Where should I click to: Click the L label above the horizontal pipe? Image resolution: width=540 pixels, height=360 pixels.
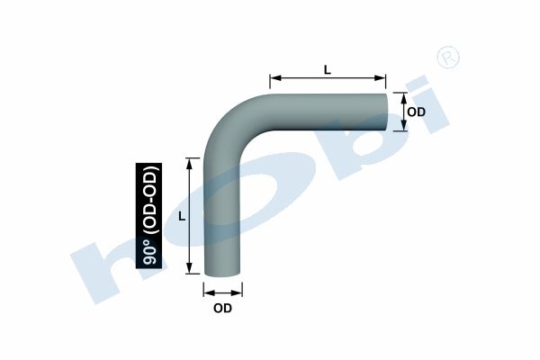(328, 70)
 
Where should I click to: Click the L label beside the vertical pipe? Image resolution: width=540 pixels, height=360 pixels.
(182, 216)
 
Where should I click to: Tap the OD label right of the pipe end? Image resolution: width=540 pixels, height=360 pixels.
(416, 112)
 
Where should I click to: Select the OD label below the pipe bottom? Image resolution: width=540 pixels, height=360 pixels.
(222, 309)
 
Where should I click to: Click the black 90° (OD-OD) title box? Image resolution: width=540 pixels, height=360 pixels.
(148, 216)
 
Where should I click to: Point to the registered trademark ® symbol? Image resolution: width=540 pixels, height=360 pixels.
(448, 57)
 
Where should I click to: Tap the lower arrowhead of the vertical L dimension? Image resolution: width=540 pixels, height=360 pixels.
(189, 268)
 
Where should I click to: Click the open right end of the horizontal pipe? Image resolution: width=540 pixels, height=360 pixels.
(386, 112)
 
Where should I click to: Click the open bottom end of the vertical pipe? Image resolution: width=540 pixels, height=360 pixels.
(222, 274)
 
